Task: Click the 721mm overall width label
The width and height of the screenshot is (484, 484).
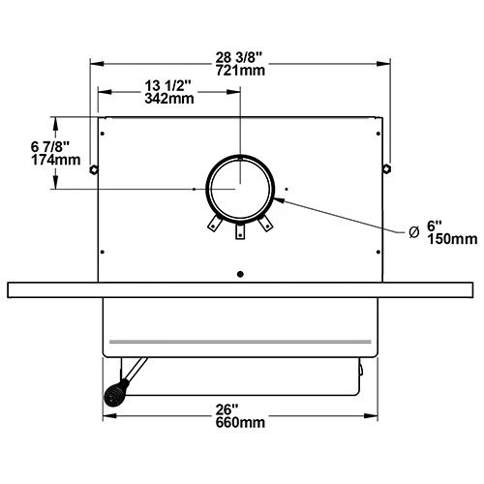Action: [x=240, y=72]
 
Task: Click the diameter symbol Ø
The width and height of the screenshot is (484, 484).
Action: [x=413, y=230]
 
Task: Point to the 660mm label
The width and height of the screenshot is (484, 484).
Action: [x=239, y=423]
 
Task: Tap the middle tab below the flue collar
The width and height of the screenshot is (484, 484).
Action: [x=239, y=231]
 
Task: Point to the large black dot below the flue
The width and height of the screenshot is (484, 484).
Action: [x=239, y=272]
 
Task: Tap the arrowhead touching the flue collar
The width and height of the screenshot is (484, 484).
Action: [x=277, y=200]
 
